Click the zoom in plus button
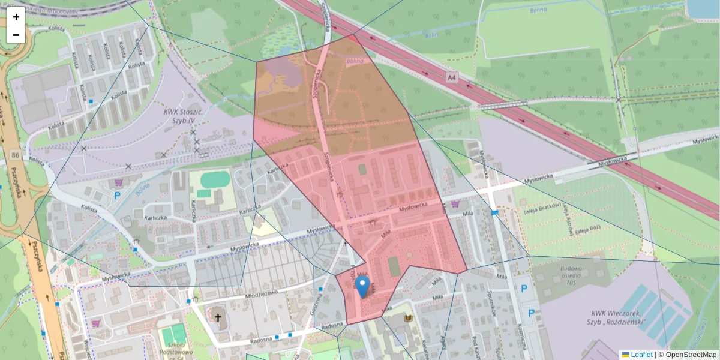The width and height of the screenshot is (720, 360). click(16, 17)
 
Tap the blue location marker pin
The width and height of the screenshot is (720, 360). click(362, 287)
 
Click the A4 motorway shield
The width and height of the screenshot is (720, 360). click(452, 78)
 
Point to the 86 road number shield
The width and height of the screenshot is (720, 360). click(15, 155)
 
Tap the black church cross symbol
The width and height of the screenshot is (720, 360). click(218, 317)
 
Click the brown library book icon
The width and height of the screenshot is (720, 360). click(409, 318)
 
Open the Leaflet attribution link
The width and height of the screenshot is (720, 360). click(641, 355)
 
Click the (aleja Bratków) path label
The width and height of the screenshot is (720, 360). click(538, 211)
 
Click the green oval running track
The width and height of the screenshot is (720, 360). click(215, 179)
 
